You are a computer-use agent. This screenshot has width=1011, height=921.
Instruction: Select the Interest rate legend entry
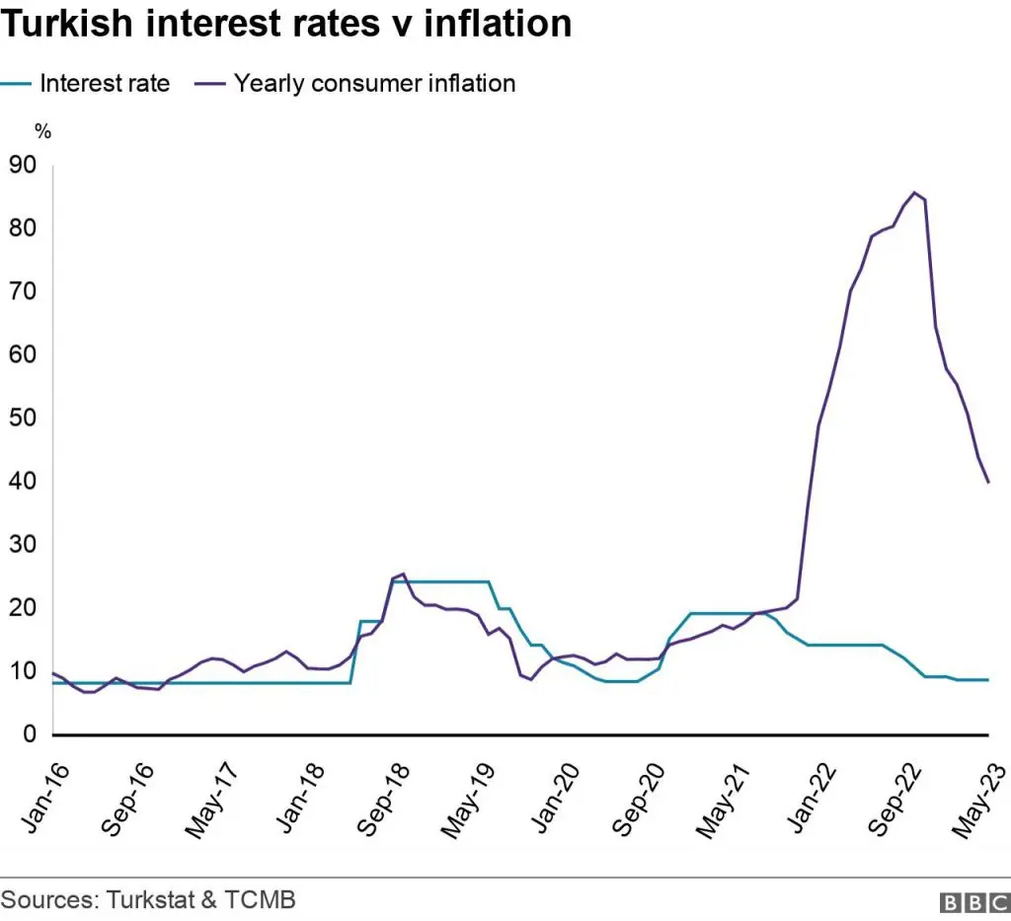coord(104,83)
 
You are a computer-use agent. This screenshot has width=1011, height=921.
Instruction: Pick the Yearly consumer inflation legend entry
coord(374,83)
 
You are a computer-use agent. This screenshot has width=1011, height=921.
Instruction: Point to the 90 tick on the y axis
coord(22,166)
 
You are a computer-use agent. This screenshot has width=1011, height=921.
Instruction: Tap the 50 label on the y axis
coord(22,419)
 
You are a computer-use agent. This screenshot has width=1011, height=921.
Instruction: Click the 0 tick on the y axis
coord(29,734)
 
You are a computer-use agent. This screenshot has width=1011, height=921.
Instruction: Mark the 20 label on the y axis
coord(22,608)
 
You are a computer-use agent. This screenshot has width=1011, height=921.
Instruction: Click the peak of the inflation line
coord(914,192)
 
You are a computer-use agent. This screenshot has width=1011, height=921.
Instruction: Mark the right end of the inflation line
coord(988,483)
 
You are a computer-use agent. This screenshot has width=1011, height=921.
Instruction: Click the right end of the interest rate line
coord(988,680)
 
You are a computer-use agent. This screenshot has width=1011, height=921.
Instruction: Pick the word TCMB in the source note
coord(267,900)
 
